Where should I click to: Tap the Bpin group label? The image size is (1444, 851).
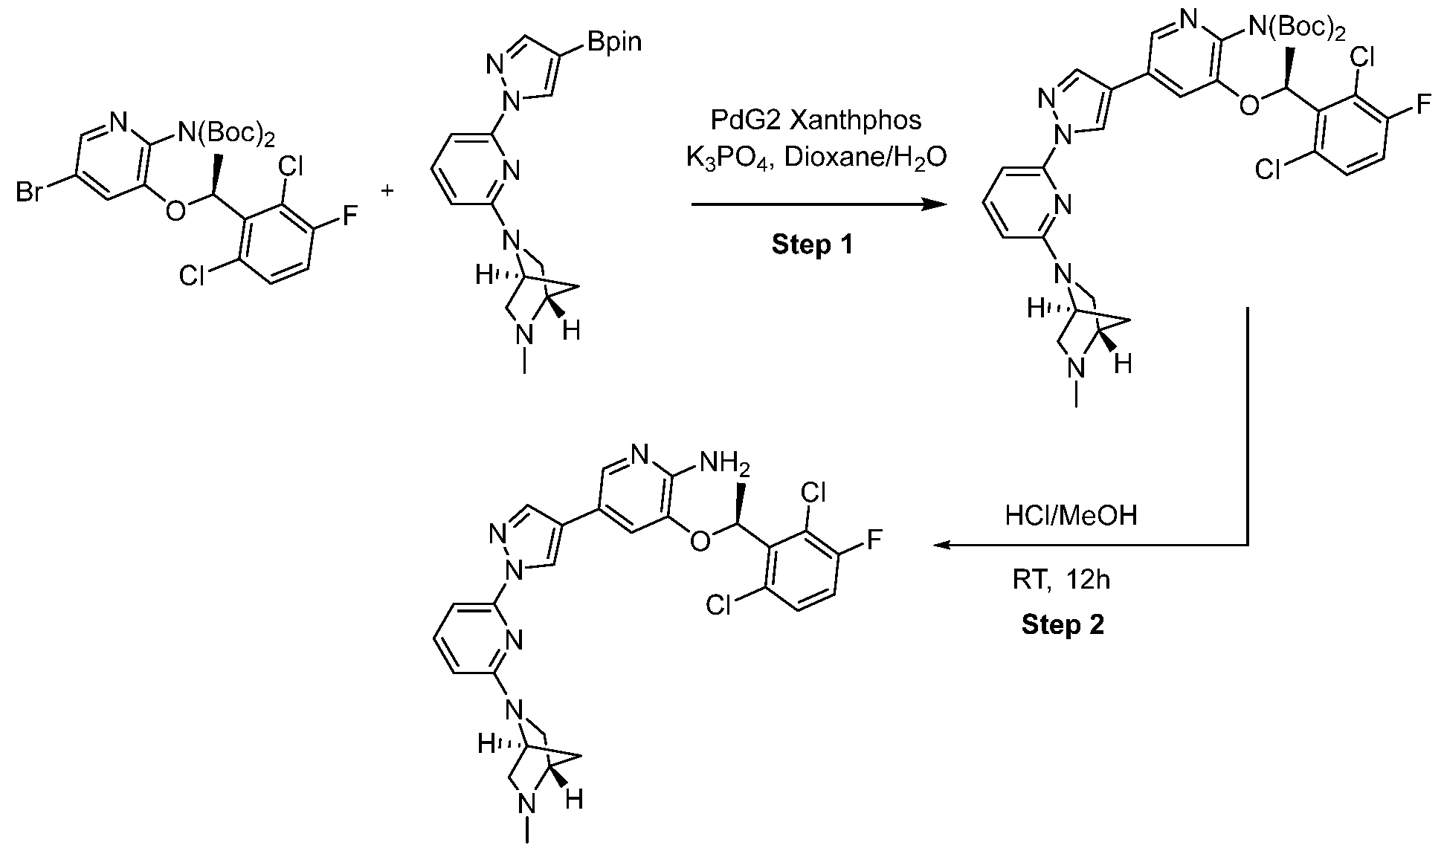point(613,42)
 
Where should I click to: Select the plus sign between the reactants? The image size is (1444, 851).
point(387,192)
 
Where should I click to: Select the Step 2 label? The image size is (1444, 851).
point(1063,624)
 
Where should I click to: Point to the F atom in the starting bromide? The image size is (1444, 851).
point(349,216)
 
